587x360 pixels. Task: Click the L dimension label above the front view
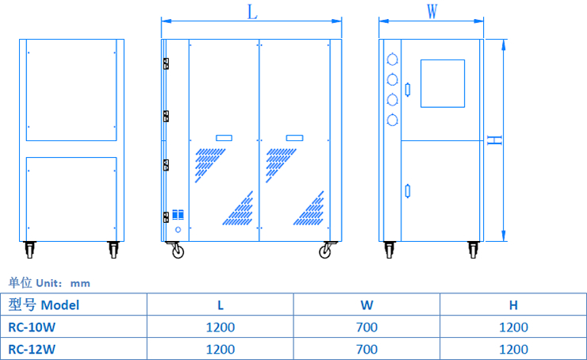click(x=252, y=12)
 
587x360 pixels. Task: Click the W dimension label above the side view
click(x=432, y=12)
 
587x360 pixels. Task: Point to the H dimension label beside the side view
click(x=495, y=140)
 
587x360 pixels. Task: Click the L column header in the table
click(x=221, y=304)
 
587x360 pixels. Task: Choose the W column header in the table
click(x=366, y=304)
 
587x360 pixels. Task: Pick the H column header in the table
click(x=513, y=304)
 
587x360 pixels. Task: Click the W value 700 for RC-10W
click(x=366, y=327)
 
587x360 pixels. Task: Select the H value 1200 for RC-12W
click(x=513, y=349)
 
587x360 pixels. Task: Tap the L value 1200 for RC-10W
click(x=221, y=327)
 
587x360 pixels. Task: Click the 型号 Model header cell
click(x=44, y=304)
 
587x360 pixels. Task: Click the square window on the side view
click(x=442, y=82)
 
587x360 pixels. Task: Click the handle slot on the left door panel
click(x=224, y=138)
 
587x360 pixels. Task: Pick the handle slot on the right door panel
click(x=294, y=138)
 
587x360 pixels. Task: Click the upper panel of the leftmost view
click(x=71, y=90)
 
